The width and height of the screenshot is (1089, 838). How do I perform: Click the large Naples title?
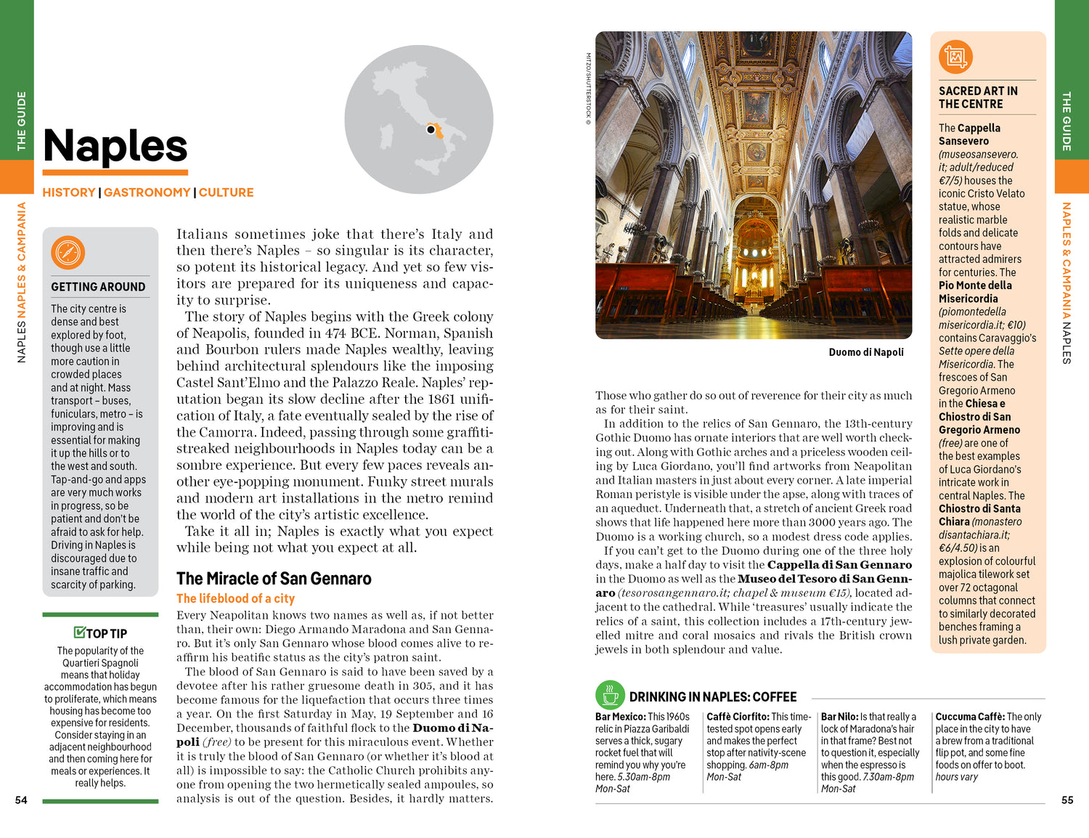pos(115,146)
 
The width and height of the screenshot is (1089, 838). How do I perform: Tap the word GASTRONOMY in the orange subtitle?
pos(147,192)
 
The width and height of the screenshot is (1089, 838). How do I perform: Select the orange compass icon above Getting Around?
pos(68,253)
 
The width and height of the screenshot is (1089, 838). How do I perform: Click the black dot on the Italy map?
pos(431,130)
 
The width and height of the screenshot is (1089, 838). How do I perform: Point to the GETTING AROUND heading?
pos(98,287)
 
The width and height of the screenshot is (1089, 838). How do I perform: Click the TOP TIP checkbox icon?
pos(80,632)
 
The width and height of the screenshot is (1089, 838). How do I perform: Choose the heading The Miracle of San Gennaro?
pos(274,579)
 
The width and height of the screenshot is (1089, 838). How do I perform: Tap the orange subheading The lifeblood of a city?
pos(235,598)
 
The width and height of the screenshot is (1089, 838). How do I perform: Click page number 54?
pos(21,800)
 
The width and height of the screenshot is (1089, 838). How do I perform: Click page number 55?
pos(1067,800)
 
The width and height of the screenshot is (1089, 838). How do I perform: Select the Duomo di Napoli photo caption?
pos(866,352)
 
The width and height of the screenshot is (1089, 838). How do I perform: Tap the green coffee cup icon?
pos(611,695)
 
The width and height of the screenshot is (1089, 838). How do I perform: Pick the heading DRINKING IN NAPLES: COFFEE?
pos(712,697)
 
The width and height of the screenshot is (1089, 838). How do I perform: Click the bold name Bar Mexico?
pos(620,717)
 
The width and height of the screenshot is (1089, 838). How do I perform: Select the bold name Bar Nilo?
pos(839,717)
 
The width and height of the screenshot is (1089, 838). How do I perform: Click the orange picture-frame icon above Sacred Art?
pos(955,57)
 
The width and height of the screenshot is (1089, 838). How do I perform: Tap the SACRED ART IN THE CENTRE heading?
pos(977,97)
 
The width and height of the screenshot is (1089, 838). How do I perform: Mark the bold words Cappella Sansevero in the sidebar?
pos(970,134)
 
